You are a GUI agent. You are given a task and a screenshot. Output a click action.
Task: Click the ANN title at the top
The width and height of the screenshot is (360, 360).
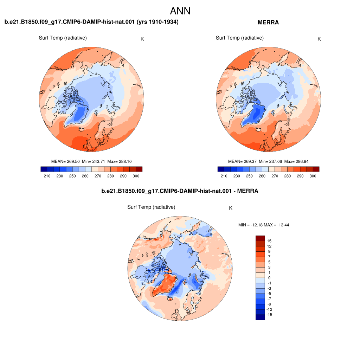click(x=180, y=11)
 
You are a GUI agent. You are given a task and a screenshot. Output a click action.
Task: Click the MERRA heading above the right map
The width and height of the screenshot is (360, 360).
click(x=268, y=22)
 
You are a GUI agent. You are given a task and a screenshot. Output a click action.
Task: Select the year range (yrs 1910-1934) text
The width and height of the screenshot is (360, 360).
click(x=157, y=22)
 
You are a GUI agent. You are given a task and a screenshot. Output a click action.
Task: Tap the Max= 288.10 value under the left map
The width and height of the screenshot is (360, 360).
click(x=120, y=161)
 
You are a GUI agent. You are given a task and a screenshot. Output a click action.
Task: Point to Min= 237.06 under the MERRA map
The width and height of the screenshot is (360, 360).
click(x=270, y=161)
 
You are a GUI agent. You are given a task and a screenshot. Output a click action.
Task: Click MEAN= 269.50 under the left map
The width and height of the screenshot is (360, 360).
click(x=65, y=161)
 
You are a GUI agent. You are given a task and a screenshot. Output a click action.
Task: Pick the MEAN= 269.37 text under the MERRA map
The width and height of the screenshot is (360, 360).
click(x=242, y=161)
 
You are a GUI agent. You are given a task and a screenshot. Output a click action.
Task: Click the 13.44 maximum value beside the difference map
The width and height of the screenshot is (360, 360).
click(x=284, y=225)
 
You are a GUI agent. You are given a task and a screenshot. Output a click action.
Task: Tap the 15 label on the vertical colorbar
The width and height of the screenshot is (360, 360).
click(x=269, y=241)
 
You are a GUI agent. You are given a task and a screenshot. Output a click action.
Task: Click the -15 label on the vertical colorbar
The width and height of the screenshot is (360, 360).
click(x=269, y=315)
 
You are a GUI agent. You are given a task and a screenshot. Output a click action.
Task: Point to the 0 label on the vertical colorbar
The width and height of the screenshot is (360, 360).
click(x=269, y=278)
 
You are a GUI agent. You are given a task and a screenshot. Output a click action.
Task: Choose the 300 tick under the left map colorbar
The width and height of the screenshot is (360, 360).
click(x=136, y=176)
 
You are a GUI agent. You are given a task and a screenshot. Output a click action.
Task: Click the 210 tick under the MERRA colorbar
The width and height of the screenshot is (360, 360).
click(x=224, y=176)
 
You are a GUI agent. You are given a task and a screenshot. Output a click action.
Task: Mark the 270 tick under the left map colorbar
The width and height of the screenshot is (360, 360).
click(x=98, y=176)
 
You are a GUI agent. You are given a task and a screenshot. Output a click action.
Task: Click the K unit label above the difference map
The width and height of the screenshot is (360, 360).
click(x=231, y=208)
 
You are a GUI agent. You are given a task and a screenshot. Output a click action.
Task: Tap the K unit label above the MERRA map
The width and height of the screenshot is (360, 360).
click(x=319, y=39)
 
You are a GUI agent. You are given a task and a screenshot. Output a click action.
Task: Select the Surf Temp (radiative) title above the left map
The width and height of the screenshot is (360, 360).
click(x=63, y=38)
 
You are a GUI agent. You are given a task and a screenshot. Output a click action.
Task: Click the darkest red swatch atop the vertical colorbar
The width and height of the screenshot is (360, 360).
click(x=260, y=238)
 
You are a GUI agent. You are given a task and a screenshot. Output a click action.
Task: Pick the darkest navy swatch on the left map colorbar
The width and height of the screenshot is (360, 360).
click(x=44, y=169)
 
